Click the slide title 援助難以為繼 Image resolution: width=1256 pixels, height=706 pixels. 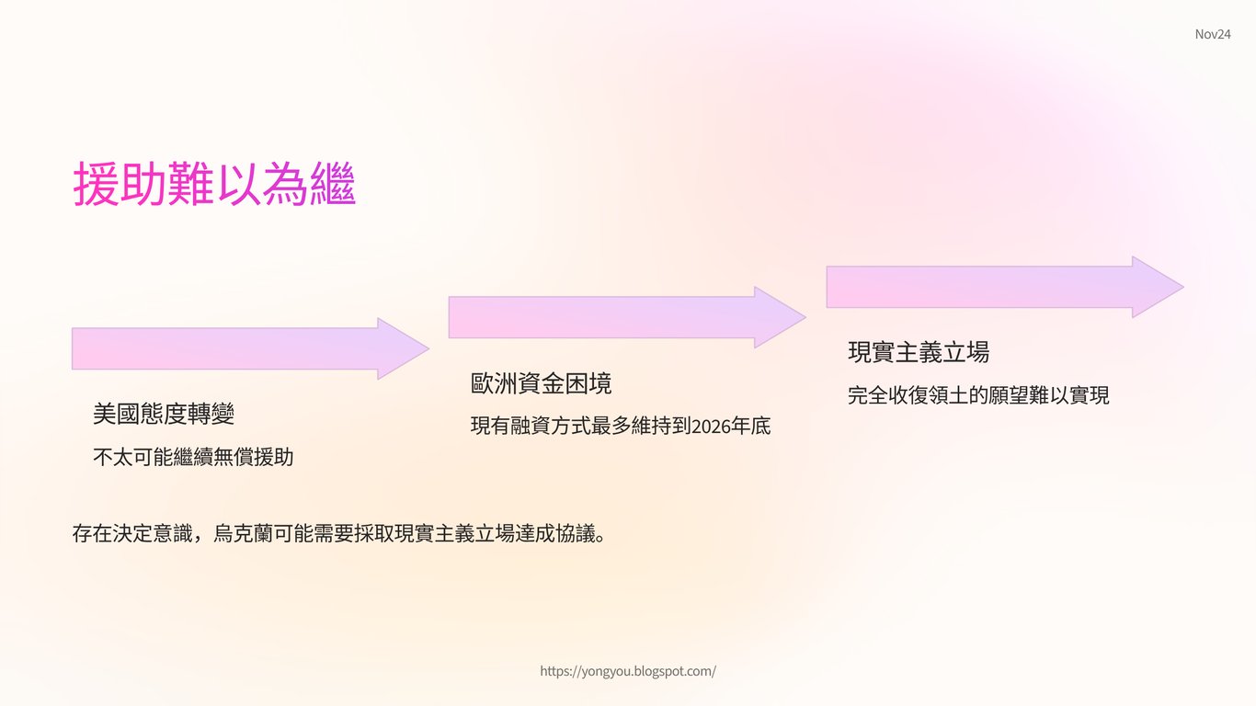(x=214, y=185)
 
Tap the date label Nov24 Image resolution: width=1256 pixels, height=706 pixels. (x=1213, y=34)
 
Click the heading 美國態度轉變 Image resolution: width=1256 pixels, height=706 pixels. (x=164, y=414)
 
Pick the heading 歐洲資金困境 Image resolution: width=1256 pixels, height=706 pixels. (x=541, y=383)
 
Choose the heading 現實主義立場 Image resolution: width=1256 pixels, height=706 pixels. (x=918, y=352)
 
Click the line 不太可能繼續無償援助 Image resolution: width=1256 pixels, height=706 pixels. (x=193, y=457)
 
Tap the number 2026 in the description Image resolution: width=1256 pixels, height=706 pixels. (x=711, y=427)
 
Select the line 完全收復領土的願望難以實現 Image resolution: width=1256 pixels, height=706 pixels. (x=978, y=395)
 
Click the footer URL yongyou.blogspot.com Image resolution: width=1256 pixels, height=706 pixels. (x=628, y=671)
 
